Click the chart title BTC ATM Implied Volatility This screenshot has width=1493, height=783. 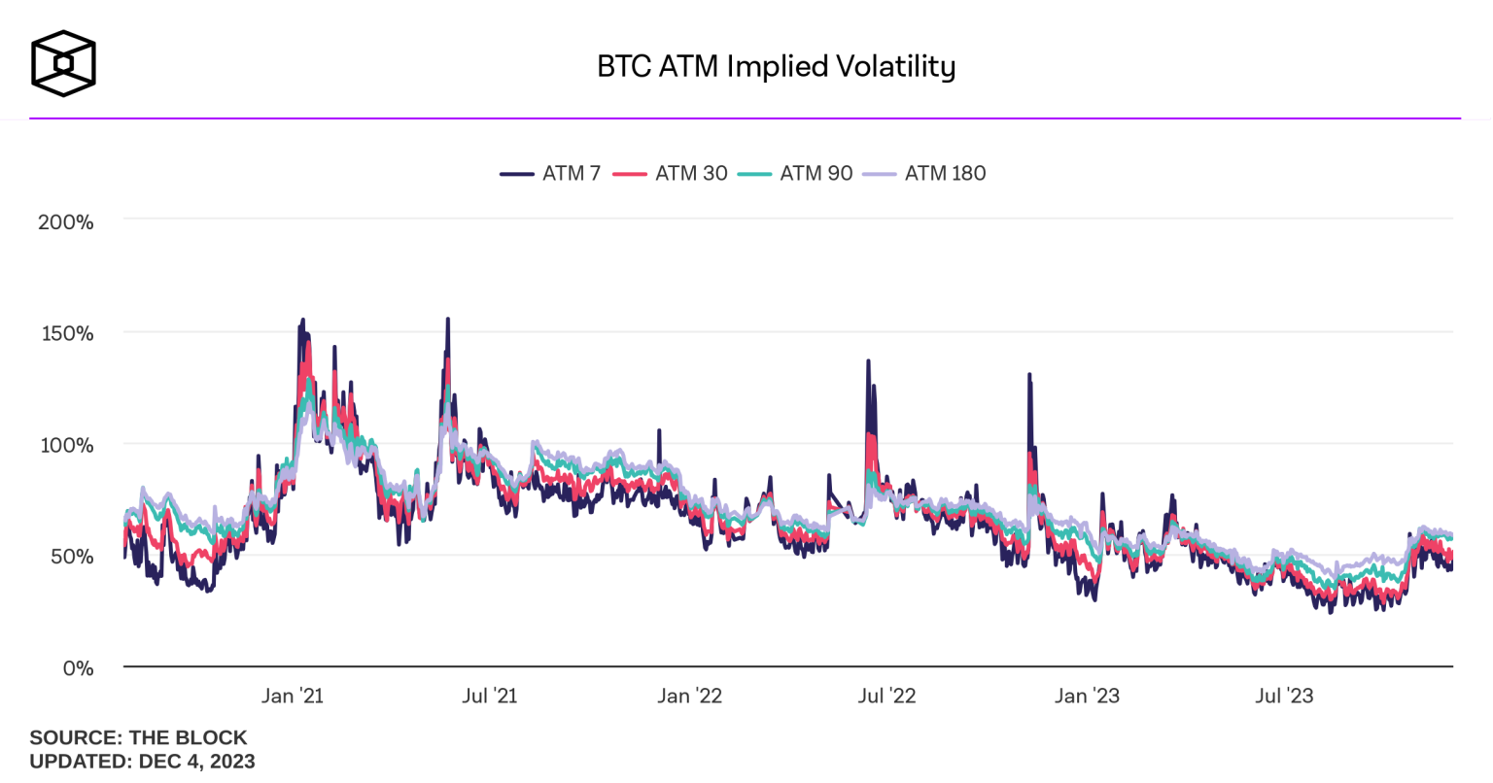[x=776, y=66]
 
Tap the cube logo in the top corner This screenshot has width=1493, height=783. [x=63, y=63]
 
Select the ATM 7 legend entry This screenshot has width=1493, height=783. [x=551, y=173]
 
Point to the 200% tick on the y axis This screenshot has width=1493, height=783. [x=66, y=221]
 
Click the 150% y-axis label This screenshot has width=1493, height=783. [x=66, y=333]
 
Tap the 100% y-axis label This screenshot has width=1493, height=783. [x=66, y=445]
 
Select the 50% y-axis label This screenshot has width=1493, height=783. [x=70, y=557]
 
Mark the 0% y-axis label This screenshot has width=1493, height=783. [x=77, y=668]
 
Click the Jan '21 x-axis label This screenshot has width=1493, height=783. [x=293, y=696]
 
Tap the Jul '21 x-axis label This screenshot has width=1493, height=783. [x=489, y=696]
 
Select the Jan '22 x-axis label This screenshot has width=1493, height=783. [x=689, y=696]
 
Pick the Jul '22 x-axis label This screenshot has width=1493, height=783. [x=886, y=696]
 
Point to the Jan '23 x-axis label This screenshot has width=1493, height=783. [x=1087, y=696]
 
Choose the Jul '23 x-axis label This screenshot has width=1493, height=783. [x=1284, y=696]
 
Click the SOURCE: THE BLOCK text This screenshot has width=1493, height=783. [x=138, y=737]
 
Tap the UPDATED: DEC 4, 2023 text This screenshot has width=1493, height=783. [x=142, y=761]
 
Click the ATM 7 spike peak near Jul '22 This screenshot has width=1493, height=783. [x=868, y=361]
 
